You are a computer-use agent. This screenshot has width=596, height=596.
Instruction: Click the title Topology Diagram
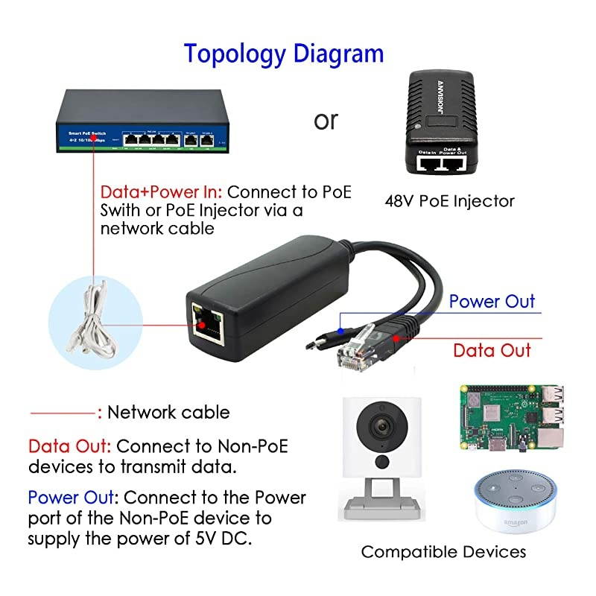(x=284, y=54)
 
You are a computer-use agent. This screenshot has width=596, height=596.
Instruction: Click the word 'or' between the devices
(x=325, y=119)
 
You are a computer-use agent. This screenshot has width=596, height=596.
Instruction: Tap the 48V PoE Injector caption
(x=449, y=200)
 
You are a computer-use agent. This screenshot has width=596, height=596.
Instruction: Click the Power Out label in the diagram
(x=492, y=301)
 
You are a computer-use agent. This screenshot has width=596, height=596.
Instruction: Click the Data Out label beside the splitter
(x=492, y=350)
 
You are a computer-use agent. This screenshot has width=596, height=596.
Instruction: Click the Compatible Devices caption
(x=443, y=552)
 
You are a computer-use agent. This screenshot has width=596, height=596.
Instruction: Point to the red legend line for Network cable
(x=63, y=412)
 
